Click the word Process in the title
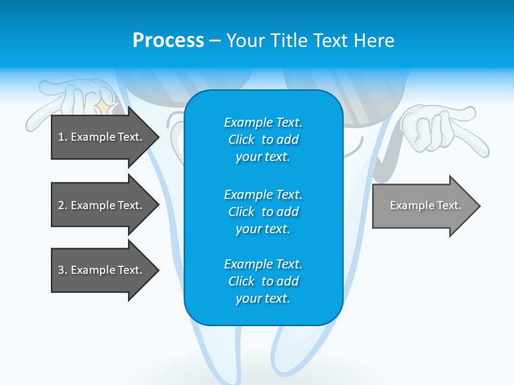tap(168, 41)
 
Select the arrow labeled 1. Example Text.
tap(102, 137)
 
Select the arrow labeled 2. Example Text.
tap(102, 205)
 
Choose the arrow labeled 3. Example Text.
tap(102, 270)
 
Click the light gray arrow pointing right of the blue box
tap(423, 206)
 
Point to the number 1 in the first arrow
tap(61, 137)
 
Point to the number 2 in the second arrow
tap(61, 205)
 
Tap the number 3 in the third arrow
tap(61, 270)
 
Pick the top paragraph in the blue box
tap(263, 140)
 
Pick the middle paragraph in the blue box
tap(263, 212)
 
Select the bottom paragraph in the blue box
tap(263, 281)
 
